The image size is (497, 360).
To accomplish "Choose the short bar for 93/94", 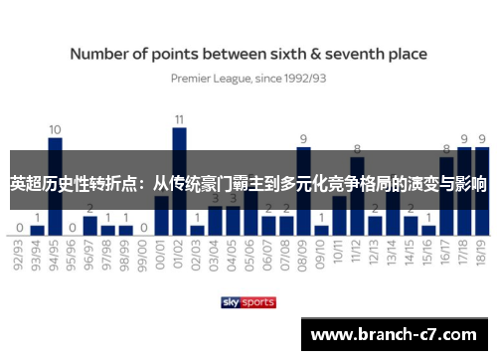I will (x=37, y=230).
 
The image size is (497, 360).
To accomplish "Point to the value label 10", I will (x=55, y=129).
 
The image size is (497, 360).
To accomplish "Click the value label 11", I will (x=179, y=119).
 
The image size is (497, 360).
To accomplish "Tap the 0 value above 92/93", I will (x=20, y=227).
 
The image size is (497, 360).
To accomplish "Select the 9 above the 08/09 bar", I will (x=303, y=139).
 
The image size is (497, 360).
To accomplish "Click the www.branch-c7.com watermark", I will (x=398, y=334).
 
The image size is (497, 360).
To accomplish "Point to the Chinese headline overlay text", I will (x=248, y=184).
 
